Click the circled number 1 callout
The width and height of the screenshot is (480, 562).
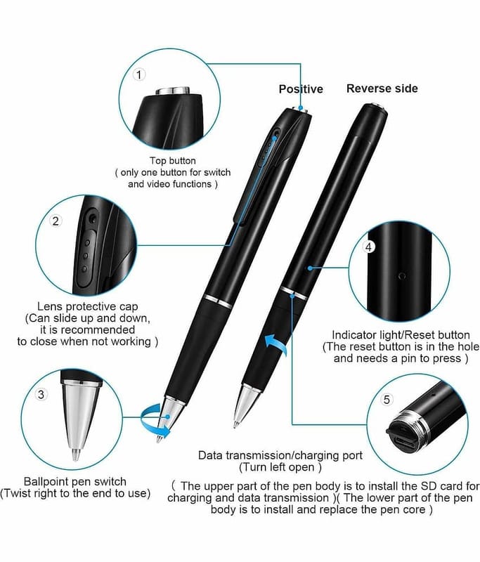[x=139, y=74]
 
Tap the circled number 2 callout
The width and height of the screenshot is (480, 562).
[x=56, y=221]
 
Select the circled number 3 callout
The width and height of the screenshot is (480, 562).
[x=41, y=394]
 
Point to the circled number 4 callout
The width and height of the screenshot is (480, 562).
[x=369, y=247]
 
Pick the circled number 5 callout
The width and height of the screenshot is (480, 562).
[x=387, y=399]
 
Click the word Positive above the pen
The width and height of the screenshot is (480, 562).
[x=301, y=89]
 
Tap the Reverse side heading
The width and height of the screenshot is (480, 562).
[x=382, y=89]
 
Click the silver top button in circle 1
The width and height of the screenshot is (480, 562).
[x=173, y=90]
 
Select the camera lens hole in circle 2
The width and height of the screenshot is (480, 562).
[x=93, y=217]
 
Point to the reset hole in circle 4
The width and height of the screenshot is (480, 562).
[x=402, y=275]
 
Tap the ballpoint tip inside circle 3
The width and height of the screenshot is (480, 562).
[x=76, y=455]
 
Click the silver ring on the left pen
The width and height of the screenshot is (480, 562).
[x=219, y=302]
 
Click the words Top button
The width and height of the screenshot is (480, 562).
[x=173, y=161]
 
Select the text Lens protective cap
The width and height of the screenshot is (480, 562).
[x=87, y=306]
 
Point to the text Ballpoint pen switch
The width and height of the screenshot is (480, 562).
[x=75, y=481]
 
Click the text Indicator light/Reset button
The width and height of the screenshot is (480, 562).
[x=401, y=335]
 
